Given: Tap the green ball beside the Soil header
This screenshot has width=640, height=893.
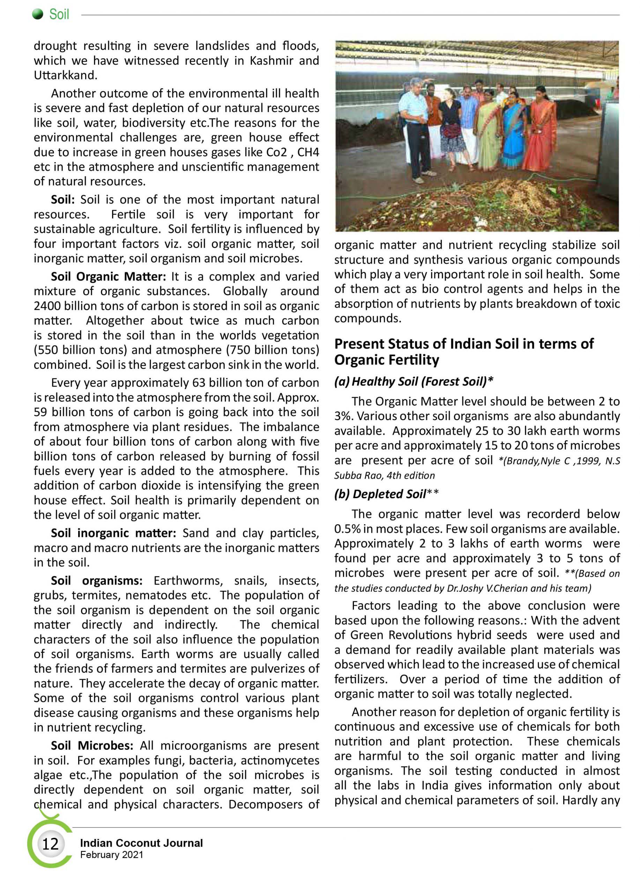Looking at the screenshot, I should point(38,15).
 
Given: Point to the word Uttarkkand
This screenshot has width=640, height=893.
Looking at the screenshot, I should point(65,75).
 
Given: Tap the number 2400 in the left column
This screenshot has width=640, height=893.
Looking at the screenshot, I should point(47,306).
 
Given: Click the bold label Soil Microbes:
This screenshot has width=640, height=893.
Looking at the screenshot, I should point(92,745).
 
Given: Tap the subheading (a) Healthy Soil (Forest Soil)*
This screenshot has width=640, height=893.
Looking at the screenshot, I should point(414,381).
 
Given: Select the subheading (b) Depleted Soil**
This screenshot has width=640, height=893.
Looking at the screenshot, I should point(386,494).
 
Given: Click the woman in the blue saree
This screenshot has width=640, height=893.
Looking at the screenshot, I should point(512,130).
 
